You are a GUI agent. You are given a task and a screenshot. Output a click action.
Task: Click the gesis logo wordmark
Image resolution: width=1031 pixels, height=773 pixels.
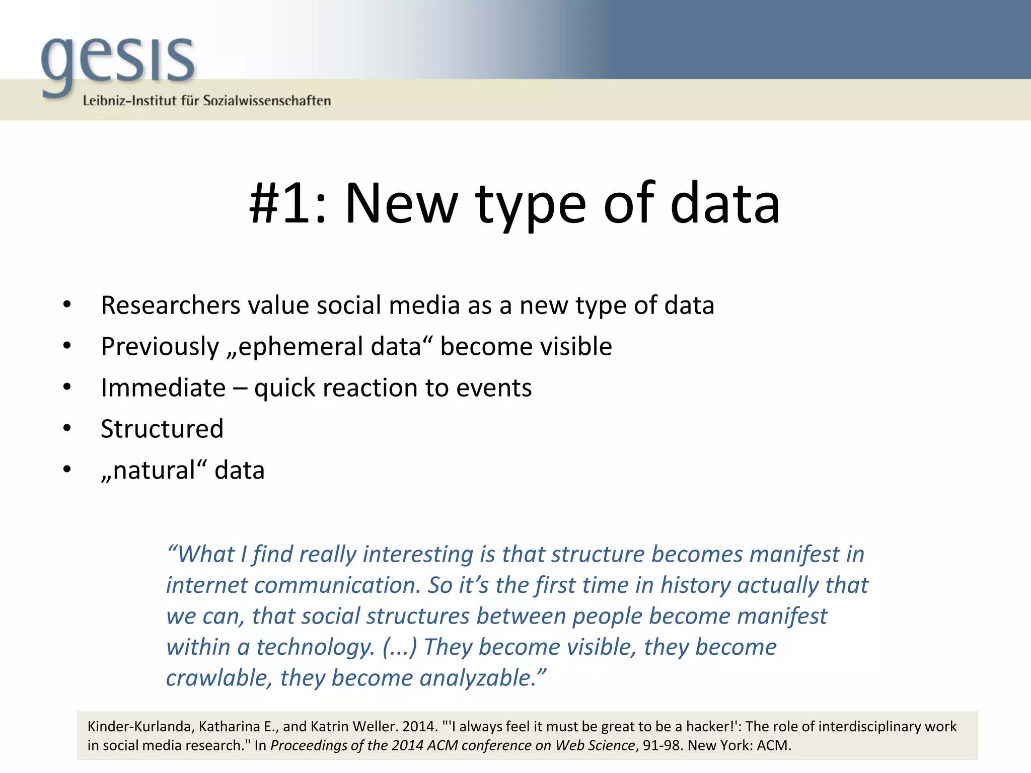118,63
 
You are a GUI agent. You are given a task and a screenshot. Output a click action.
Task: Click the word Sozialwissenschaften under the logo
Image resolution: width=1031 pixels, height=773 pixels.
267,101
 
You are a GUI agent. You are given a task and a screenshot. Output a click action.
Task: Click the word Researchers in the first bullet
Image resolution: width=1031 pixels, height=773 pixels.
170,305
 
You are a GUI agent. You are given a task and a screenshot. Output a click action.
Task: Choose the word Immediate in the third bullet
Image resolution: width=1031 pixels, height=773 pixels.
163,388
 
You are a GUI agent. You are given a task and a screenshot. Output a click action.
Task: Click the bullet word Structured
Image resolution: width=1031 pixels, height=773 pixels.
162,429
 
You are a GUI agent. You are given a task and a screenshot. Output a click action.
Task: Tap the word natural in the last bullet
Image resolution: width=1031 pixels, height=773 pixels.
154,471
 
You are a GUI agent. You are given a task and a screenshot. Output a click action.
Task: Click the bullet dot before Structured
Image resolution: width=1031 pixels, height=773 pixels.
67,429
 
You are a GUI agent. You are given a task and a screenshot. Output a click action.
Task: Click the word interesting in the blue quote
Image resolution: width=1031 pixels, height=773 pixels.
417,555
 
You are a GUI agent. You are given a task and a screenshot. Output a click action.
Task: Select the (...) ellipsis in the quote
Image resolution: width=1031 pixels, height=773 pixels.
400,647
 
